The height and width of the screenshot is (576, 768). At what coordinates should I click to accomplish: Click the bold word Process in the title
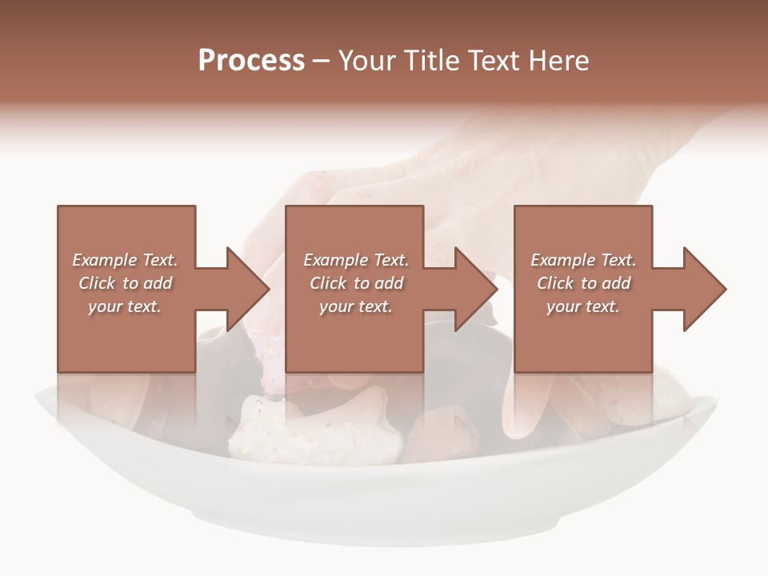[x=251, y=61]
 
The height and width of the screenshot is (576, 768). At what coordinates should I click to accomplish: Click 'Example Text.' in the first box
[x=126, y=260]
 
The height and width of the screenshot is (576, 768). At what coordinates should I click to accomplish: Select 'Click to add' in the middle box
[x=356, y=283]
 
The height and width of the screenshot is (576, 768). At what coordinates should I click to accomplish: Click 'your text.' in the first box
[x=125, y=306]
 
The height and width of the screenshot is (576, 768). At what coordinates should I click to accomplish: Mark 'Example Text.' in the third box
[x=583, y=260]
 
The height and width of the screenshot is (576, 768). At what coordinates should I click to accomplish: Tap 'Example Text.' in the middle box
[x=356, y=260]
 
